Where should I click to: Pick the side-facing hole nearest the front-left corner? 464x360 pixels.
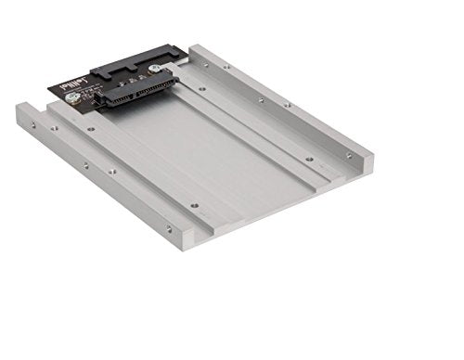[x=168, y=227]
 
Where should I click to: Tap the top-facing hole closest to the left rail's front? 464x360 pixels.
[x=194, y=205]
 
